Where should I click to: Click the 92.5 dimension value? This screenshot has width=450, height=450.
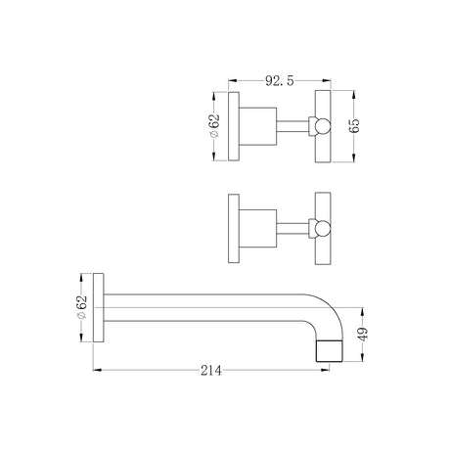tap(279, 80)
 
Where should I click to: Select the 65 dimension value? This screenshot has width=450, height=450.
tap(354, 125)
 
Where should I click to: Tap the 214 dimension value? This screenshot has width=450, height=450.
tap(211, 371)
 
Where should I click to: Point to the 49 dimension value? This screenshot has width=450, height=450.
tap(363, 334)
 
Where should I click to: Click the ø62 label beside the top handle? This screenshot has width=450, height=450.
tap(214, 126)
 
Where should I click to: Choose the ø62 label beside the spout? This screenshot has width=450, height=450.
tap(82, 307)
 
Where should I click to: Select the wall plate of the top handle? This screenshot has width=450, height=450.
tap(234, 126)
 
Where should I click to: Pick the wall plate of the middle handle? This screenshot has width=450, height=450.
tap(234, 228)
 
